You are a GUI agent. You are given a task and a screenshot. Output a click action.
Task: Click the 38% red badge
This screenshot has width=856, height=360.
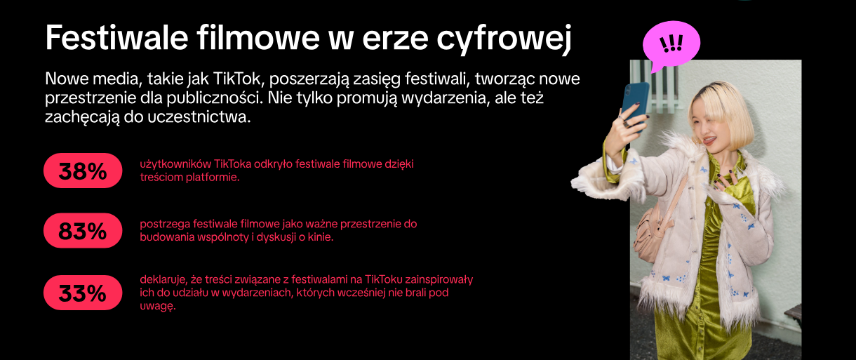(x=83, y=171)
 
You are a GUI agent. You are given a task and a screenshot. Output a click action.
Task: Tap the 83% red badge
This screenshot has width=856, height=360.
(x=83, y=230)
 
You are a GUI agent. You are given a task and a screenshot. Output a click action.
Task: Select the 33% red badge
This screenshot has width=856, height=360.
(x=83, y=293)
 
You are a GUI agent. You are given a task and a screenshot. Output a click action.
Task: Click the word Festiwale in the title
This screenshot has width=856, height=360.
(x=116, y=37)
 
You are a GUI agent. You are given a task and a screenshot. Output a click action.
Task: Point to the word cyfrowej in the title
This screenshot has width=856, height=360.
(x=504, y=40)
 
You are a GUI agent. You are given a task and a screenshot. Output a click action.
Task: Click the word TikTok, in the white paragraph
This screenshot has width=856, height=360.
(x=236, y=79)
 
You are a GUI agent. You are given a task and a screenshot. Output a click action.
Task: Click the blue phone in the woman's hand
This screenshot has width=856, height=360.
(x=635, y=106)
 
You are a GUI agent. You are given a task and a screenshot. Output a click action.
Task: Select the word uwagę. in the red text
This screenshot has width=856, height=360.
(x=157, y=306)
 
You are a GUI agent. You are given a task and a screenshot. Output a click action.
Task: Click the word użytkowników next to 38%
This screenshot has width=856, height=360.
(x=175, y=164)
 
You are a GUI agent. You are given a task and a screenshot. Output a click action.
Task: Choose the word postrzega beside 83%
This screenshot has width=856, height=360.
(x=165, y=224)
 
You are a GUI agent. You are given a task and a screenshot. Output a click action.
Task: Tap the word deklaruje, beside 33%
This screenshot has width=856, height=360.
(x=163, y=280)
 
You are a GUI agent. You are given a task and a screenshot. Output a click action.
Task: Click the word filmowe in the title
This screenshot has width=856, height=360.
(x=258, y=37)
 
